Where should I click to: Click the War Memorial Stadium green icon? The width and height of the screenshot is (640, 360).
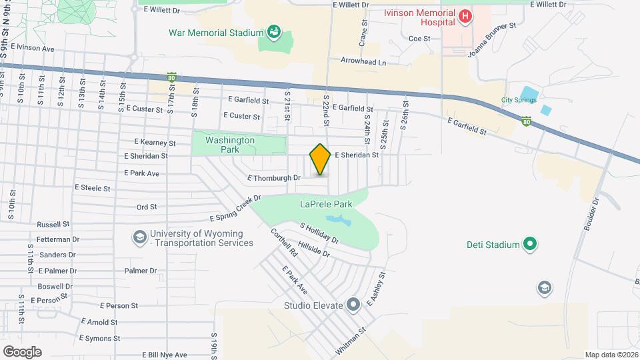point(273,31)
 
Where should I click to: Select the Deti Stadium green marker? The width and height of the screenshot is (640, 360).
point(530,245)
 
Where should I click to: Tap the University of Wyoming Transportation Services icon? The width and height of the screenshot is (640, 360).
point(139,237)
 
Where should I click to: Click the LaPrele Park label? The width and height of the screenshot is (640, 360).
point(325,203)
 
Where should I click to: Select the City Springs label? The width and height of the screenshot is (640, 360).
point(519,101)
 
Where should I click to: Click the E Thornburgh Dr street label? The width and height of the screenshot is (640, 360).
point(275,178)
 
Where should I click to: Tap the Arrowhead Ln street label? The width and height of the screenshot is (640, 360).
point(363,62)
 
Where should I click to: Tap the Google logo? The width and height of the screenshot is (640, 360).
point(23,351)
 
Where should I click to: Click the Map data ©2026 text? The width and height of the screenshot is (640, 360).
point(611,355)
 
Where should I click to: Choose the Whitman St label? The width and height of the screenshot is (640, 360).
point(351,339)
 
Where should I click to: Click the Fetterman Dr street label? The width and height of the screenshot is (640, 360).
point(59,239)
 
